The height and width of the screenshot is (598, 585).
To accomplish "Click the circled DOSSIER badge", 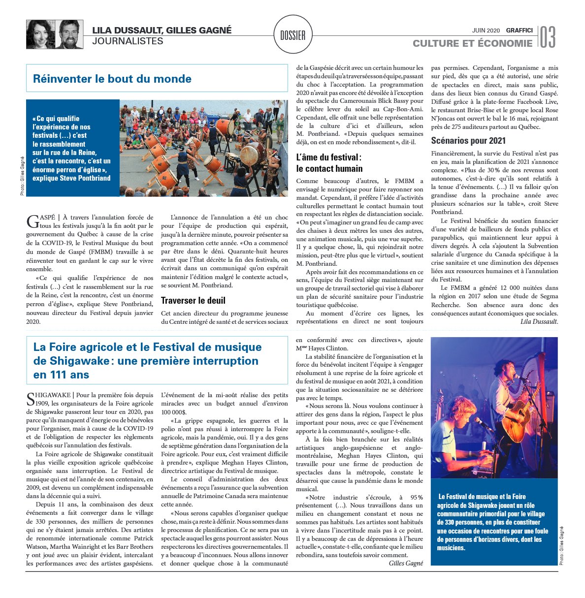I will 292,35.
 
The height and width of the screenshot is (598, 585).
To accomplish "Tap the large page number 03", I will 548,37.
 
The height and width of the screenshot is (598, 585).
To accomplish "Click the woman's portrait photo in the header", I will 40,34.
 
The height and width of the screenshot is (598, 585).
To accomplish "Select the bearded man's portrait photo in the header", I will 69,34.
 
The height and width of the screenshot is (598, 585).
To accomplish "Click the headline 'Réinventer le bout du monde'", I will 112,79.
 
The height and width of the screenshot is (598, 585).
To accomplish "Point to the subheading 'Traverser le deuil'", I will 193,300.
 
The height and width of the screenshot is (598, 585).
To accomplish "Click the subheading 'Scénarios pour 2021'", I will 468,140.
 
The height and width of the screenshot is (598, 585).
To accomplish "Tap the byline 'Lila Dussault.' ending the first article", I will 539,321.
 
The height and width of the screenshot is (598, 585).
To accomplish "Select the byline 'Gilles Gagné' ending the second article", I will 406,563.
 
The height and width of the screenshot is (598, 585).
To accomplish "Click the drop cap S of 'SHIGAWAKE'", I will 31,399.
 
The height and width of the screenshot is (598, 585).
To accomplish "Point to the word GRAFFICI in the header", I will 519,31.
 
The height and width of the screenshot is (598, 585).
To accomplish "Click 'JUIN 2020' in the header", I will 486,31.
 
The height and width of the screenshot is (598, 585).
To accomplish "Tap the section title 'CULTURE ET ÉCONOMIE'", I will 472,43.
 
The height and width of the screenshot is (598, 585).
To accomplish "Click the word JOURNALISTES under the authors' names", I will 128,41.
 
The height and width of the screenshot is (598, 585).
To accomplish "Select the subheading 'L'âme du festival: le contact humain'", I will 329,162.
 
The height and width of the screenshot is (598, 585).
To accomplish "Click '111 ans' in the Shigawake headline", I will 62,375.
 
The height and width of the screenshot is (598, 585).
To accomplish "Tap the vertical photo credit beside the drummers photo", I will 23,176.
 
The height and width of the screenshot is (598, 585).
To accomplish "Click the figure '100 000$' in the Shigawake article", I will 173,412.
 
